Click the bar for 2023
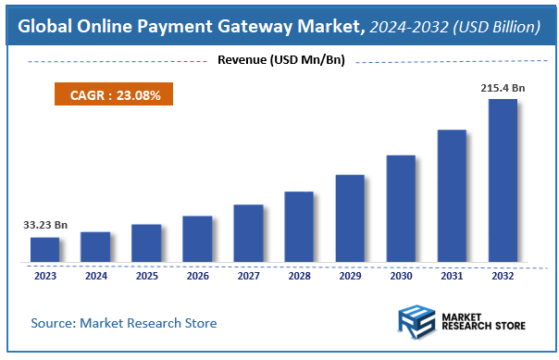pos(44,249)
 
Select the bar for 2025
pos(146,242)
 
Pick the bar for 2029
pos(350,217)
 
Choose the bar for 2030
pos(401,208)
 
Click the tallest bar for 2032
pos(503,180)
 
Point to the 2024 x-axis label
pos(95,275)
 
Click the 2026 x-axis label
pos(197,275)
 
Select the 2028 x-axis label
pos(299,275)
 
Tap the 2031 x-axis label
pos(452,275)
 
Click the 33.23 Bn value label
pos(44,224)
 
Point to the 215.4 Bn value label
pos(503,87)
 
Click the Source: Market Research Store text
pos(124,323)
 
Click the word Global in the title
pos(48,27)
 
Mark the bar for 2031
pos(452,195)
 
